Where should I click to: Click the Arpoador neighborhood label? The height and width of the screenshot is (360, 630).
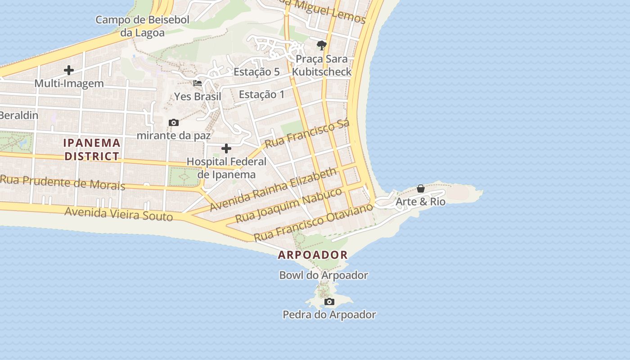pos(313,255)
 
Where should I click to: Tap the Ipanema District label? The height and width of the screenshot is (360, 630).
pos(92,149)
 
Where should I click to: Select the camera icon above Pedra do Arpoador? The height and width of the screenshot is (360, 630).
pos(329,301)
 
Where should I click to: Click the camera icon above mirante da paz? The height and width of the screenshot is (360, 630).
pos(173,122)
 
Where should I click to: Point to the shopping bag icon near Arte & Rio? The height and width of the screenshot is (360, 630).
pos(421,189)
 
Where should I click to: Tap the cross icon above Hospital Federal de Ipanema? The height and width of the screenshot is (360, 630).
pos(226,148)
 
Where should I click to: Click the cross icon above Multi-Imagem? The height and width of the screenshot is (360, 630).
pos(69,70)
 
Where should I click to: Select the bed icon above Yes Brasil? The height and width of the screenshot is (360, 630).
pos(198,83)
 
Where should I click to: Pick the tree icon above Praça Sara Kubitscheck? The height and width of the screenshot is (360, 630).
pos(321,45)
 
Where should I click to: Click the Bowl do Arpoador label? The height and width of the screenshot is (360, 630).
pos(324,275)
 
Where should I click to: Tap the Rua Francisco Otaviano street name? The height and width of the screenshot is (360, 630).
pos(314,222)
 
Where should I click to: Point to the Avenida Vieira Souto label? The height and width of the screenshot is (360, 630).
pos(119,213)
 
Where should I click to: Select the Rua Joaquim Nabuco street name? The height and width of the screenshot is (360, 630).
pos(289,205)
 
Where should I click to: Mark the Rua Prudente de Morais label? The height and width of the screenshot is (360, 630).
pos(63,182)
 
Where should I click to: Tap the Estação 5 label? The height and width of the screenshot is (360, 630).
pos(256,72)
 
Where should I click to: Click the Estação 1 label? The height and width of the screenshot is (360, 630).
pos(262,94)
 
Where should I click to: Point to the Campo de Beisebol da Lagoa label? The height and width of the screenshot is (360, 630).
pos(142,26)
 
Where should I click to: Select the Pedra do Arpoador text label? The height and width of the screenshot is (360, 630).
pos(329,315)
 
